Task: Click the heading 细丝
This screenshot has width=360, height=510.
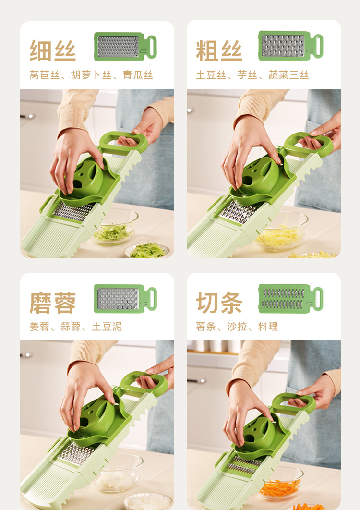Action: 53,50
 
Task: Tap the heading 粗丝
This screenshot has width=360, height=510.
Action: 219,50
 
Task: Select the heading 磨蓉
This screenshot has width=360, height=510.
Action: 53,303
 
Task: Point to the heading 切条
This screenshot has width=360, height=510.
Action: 219,303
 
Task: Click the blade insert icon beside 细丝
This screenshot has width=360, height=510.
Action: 125,47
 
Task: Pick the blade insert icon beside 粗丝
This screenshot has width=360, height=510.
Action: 290,46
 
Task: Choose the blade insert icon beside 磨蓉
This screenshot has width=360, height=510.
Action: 125,298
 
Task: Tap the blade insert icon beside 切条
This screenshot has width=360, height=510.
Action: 290,298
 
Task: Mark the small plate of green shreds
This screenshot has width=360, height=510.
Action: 147,250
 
